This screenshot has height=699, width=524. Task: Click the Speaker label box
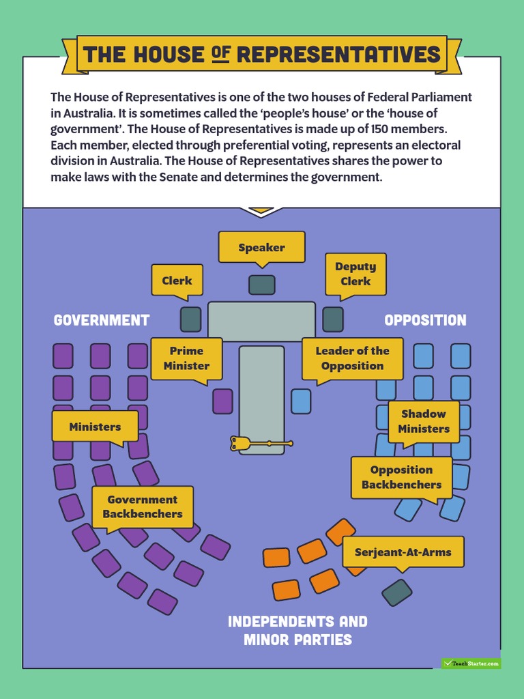point(261,247)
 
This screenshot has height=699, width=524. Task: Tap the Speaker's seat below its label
point(261,285)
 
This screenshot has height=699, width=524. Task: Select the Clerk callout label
point(177,280)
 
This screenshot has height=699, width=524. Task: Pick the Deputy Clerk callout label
point(355,274)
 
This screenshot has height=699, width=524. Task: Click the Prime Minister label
point(186,358)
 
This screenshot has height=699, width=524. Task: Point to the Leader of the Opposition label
point(352,358)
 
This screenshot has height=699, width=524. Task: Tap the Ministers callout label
point(95,427)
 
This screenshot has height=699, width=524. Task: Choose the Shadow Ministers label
point(424,421)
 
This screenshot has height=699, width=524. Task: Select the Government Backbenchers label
point(143,507)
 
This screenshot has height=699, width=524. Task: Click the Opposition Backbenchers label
point(401,477)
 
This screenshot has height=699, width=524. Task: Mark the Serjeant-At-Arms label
point(403,552)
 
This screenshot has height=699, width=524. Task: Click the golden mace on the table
point(259,444)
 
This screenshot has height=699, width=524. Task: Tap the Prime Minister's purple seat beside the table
point(222,401)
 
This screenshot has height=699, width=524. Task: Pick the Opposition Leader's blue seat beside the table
point(301,401)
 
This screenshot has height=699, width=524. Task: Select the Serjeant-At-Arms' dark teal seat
point(396,593)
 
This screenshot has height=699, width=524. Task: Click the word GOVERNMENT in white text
point(102,320)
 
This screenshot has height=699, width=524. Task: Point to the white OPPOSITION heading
point(425,320)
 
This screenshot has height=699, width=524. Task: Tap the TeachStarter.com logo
point(471,663)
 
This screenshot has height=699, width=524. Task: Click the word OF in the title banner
point(220,55)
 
